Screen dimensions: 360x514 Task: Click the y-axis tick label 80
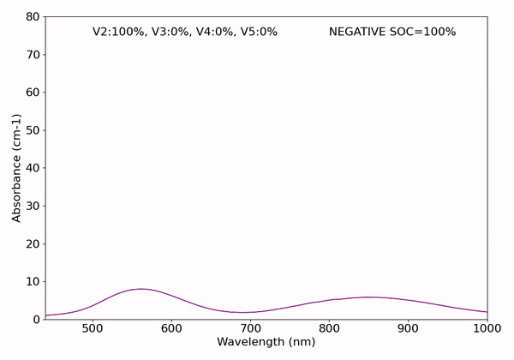pyautogui.click(x=32, y=16)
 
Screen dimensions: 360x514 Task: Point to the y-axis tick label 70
pyautogui.click(x=32, y=54)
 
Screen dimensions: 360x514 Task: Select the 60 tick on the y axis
pyautogui.click(x=32, y=93)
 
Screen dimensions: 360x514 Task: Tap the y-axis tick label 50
pyautogui.click(x=32, y=130)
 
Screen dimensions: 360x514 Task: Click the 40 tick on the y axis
pyautogui.click(x=32, y=168)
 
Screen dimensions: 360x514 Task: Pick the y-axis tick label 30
pyautogui.click(x=32, y=206)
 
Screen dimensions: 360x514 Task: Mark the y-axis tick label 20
pyautogui.click(x=32, y=243)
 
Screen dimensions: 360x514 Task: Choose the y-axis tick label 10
pyautogui.click(x=32, y=281)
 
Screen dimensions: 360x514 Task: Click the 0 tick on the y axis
pyautogui.click(x=35, y=319)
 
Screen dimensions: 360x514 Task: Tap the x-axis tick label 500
pyautogui.click(x=92, y=327)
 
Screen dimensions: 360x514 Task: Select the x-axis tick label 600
pyautogui.click(x=171, y=327)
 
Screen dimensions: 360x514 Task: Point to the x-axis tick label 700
pyautogui.click(x=250, y=327)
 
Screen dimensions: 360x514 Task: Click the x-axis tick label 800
pyautogui.click(x=329, y=327)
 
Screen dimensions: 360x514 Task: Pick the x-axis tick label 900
pyautogui.click(x=409, y=327)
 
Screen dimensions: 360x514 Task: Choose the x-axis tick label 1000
pyautogui.click(x=486, y=327)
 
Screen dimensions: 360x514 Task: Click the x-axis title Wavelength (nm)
pyautogui.click(x=266, y=342)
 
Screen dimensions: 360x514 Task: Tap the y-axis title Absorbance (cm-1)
pyautogui.click(x=16, y=168)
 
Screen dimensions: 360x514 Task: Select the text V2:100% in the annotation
pyautogui.click(x=119, y=32)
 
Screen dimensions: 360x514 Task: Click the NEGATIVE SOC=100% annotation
pyautogui.click(x=392, y=32)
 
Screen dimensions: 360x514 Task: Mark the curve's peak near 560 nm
pyautogui.click(x=140, y=289)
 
